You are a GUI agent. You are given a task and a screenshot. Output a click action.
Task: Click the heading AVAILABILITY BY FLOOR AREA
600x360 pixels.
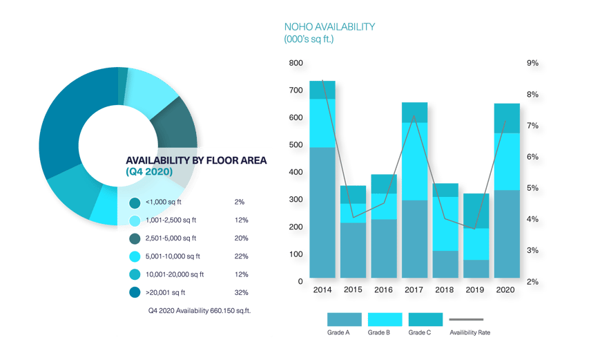tap(196, 160)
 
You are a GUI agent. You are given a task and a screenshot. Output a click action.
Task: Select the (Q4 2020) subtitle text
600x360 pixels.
tap(149, 171)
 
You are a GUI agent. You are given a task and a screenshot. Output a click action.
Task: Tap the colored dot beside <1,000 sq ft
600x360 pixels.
tap(135, 202)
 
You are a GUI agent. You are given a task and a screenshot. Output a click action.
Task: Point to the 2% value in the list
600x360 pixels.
tap(239, 202)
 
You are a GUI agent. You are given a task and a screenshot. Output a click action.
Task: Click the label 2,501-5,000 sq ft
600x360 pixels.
tap(173, 238)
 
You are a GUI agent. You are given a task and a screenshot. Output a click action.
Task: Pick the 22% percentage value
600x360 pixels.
tap(240, 256)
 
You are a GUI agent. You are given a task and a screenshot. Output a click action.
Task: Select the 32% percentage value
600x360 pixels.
tap(240, 292)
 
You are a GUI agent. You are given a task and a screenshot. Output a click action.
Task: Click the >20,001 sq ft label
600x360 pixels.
tap(167, 292)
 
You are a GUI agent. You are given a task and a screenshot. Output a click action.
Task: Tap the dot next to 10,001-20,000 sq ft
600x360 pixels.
tap(135, 274)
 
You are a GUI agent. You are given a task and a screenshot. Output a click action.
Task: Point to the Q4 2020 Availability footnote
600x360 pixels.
tap(199, 311)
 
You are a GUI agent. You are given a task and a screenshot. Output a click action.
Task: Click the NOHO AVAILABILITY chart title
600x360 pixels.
tap(329, 27)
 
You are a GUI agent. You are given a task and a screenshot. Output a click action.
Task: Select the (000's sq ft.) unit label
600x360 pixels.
tap(309, 39)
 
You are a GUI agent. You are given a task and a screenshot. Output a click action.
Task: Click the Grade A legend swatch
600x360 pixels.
tap(344, 319)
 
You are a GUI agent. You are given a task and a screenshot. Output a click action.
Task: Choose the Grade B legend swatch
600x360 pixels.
tap(385, 319)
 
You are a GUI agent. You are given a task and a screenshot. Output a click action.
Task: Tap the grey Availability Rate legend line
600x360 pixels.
tap(466, 319)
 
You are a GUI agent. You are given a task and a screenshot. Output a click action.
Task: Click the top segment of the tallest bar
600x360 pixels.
tap(322, 90)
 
